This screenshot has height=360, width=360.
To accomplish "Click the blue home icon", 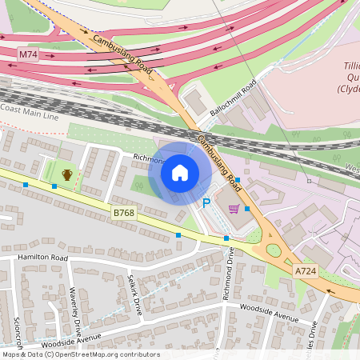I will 180,172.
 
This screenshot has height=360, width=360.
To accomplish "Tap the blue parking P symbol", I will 206,204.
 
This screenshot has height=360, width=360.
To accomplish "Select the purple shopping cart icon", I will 234,209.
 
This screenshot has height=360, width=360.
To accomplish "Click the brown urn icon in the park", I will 67,174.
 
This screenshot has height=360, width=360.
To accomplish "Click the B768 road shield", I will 123,212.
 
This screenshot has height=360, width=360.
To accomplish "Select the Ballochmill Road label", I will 233,99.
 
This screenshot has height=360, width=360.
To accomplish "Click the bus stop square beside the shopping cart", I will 246,209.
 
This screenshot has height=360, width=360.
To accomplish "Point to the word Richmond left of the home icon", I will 150,158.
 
